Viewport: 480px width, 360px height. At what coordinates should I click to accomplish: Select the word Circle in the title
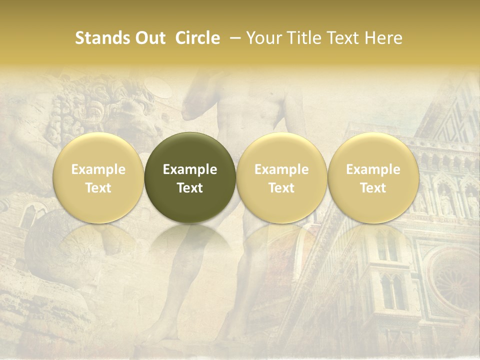click(197, 38)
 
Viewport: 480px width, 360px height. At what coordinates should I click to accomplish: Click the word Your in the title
click(264, 38)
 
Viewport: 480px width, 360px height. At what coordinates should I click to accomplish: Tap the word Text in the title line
click(344, 38)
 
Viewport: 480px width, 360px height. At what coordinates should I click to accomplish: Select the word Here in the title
click(384, 38)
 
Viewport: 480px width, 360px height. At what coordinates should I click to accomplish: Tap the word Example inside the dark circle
click(190, 169)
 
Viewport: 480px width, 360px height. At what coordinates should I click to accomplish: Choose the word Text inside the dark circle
click(190, 188)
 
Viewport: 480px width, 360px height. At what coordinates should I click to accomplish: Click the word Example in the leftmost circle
click(98, 169)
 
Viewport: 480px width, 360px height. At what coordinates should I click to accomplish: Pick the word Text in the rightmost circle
click(373, 188)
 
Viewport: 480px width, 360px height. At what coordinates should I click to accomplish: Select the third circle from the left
click(281, 177)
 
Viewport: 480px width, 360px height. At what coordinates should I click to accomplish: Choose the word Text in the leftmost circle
click(98, 188)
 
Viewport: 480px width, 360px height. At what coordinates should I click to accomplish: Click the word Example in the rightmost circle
click(373, 169)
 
